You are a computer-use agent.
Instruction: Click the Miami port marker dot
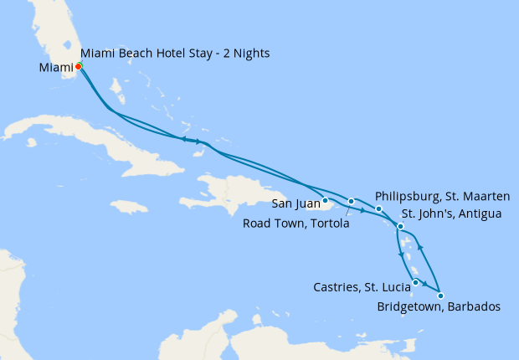[x=78, y=66]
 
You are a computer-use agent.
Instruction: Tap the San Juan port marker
[x=325, y=200]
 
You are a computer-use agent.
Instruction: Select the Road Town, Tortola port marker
[x=352, y=202]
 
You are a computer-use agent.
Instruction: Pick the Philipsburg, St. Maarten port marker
[x=378, y=208]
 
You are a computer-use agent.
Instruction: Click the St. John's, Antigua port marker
[x=401, y=227]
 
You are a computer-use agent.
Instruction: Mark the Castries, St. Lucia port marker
[x=415, y=282]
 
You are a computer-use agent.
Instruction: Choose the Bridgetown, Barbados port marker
[x=440, y=296]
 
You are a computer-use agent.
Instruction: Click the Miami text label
[x=54, y=67]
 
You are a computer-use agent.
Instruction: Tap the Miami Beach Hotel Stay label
[x=175, y=54]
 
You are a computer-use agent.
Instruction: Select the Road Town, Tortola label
[x=296, y=224]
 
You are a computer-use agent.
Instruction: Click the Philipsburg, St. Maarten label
[x=443, y=196]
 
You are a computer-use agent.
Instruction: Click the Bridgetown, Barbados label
[x=439, y=307]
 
